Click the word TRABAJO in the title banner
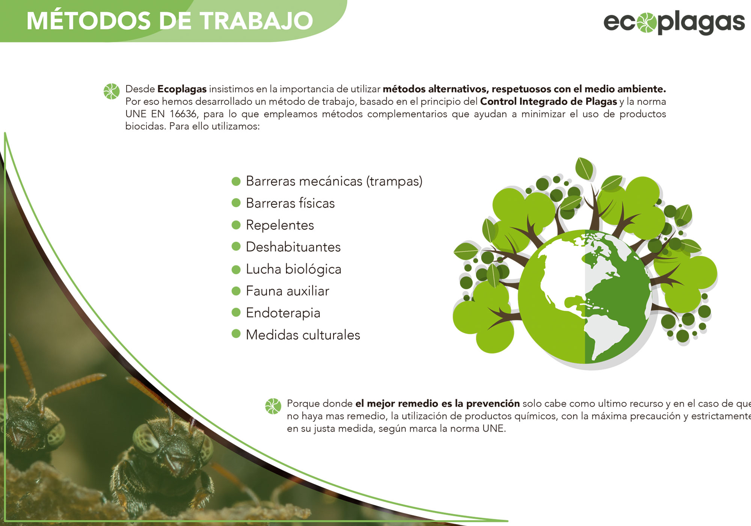click(256, 21)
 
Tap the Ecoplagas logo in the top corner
click(674, 23)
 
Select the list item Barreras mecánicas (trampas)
click(334, 181)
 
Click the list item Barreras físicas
click(290, 203)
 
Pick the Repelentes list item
click(280, 225)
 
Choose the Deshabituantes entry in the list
click(293, 247)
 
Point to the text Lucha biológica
click(294, 269)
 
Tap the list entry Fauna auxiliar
click(288, 291)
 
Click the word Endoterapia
click(283, 313)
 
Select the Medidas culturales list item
click(303, 335)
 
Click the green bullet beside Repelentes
click(236, 225)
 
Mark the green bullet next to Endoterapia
click(236, 313)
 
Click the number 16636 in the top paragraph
click(183, 114)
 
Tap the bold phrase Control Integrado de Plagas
click(549, 101)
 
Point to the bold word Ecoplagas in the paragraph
click(182, 89)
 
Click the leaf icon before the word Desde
click(112, 91)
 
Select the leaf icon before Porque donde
click(273, 406)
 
